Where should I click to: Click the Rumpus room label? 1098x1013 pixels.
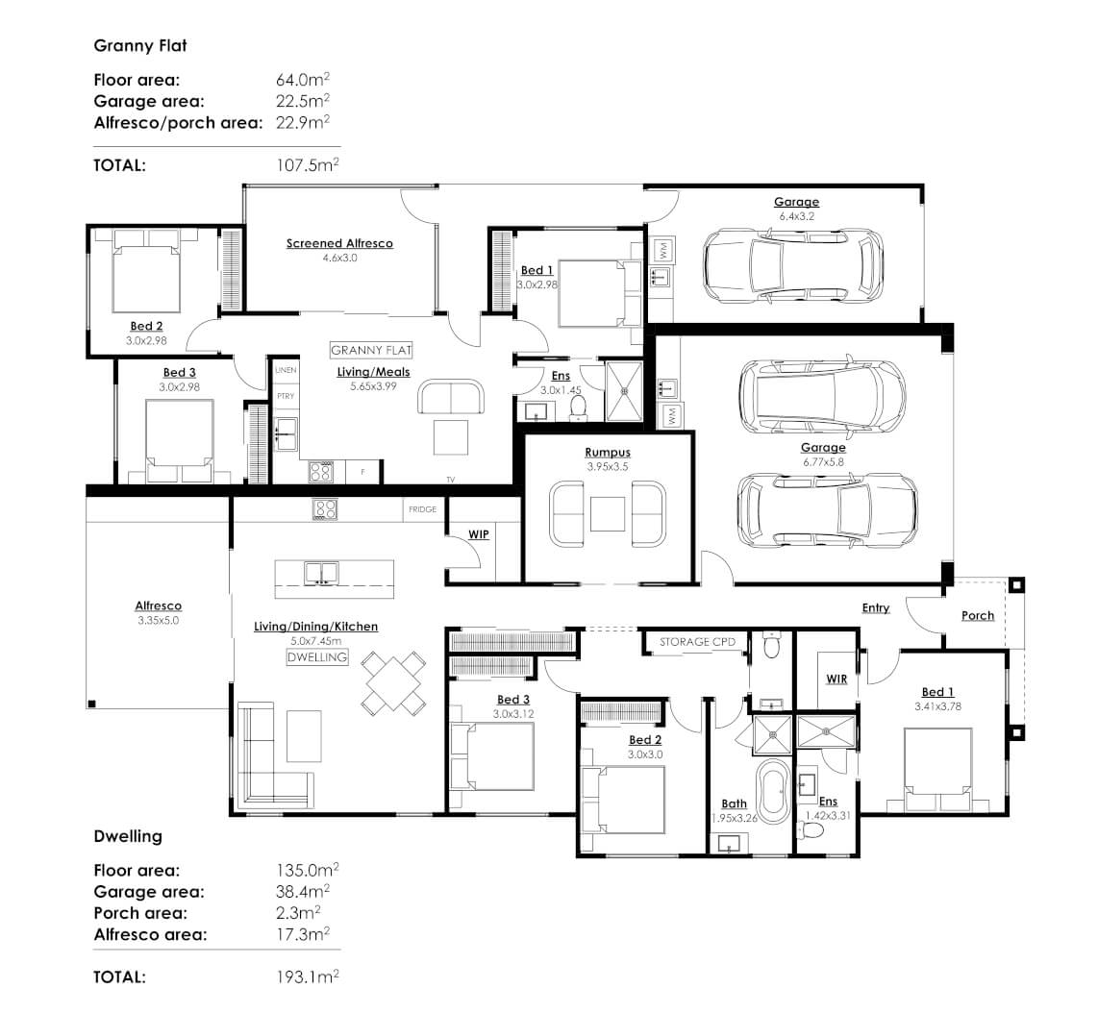click(x=607, y=452)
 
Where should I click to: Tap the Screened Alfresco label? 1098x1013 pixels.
click(x=339, y=243)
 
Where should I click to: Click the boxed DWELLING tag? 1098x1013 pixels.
click(x=316, y=657)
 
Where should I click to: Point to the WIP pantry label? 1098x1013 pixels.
click(x=479, y=533)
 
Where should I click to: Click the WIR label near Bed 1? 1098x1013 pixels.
click(x=836, y=679)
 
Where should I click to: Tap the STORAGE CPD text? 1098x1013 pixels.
click(x=697, y=642)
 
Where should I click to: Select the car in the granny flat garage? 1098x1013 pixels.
click(x=791, y=266)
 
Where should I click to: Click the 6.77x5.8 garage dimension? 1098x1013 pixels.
click(x=823, y=462)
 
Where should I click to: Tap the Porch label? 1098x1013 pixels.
click(x=978, y=615)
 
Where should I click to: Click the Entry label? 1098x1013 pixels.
click(x=875, y=607)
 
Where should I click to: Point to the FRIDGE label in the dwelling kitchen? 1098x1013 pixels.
click(x=422, y=509)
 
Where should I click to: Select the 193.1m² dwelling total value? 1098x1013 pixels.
click(x=307, y=976)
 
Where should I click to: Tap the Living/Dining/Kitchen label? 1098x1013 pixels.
click(x=315, y=626)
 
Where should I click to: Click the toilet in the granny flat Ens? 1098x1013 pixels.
click(x=579, y=408)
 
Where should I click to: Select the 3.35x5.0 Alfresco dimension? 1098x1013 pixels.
click(x=158, y=621)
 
